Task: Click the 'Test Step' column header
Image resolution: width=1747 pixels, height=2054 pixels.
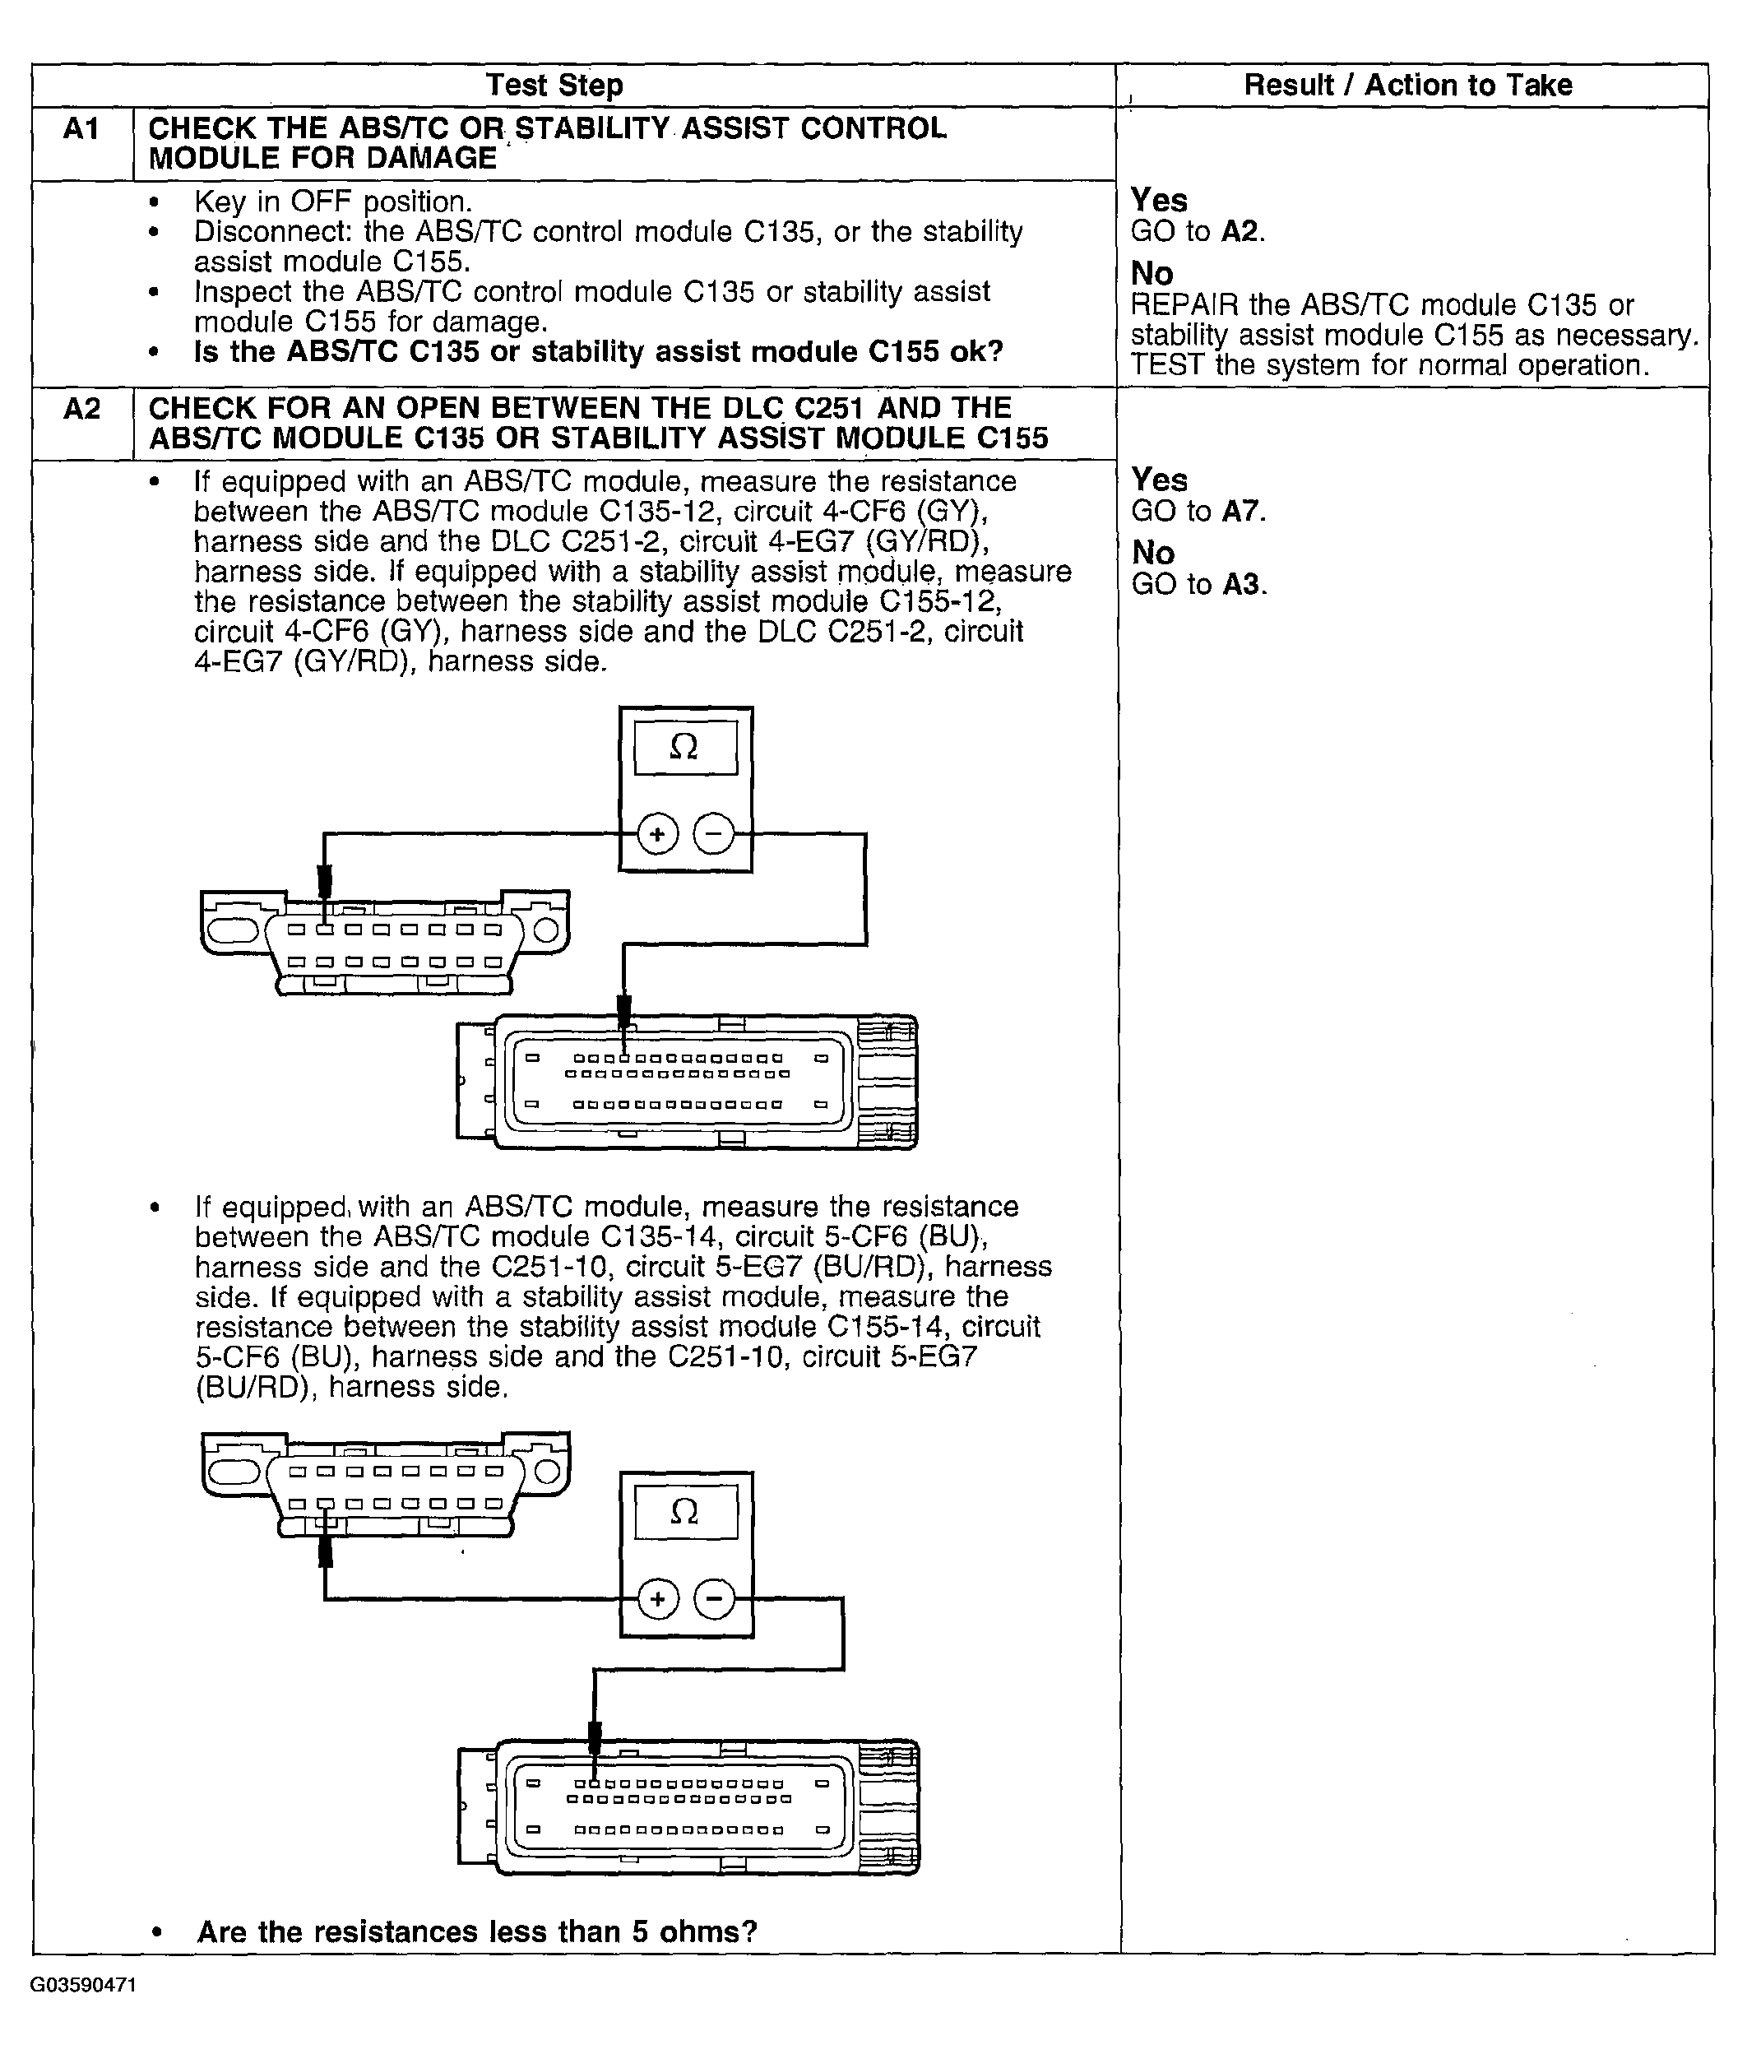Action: tap(554, 86)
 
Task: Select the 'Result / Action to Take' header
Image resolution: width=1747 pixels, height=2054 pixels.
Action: tap(1407, 86)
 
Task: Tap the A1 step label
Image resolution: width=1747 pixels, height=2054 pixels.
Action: tap(81, 129)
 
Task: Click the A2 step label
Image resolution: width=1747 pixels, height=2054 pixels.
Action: tap(81, 408)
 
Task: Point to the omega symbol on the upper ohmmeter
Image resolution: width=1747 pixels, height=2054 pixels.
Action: tap(684, 747)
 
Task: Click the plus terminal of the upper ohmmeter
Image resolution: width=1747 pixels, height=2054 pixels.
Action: tap(656, 834)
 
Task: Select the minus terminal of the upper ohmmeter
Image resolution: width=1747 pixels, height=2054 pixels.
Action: tap(713, 834)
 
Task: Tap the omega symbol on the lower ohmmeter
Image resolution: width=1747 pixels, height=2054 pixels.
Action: tap(684, 1511)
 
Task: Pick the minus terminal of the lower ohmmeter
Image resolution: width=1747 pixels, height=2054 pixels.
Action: tap(714, 1598)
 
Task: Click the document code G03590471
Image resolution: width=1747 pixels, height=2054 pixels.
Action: tap(83, 1986)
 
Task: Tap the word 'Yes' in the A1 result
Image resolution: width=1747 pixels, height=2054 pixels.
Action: tap(1159, 200)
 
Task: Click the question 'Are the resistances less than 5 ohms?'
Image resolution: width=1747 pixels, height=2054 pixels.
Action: tap(476, 1931)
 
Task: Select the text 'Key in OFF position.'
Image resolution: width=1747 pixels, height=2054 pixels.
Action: tap(331, 202)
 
